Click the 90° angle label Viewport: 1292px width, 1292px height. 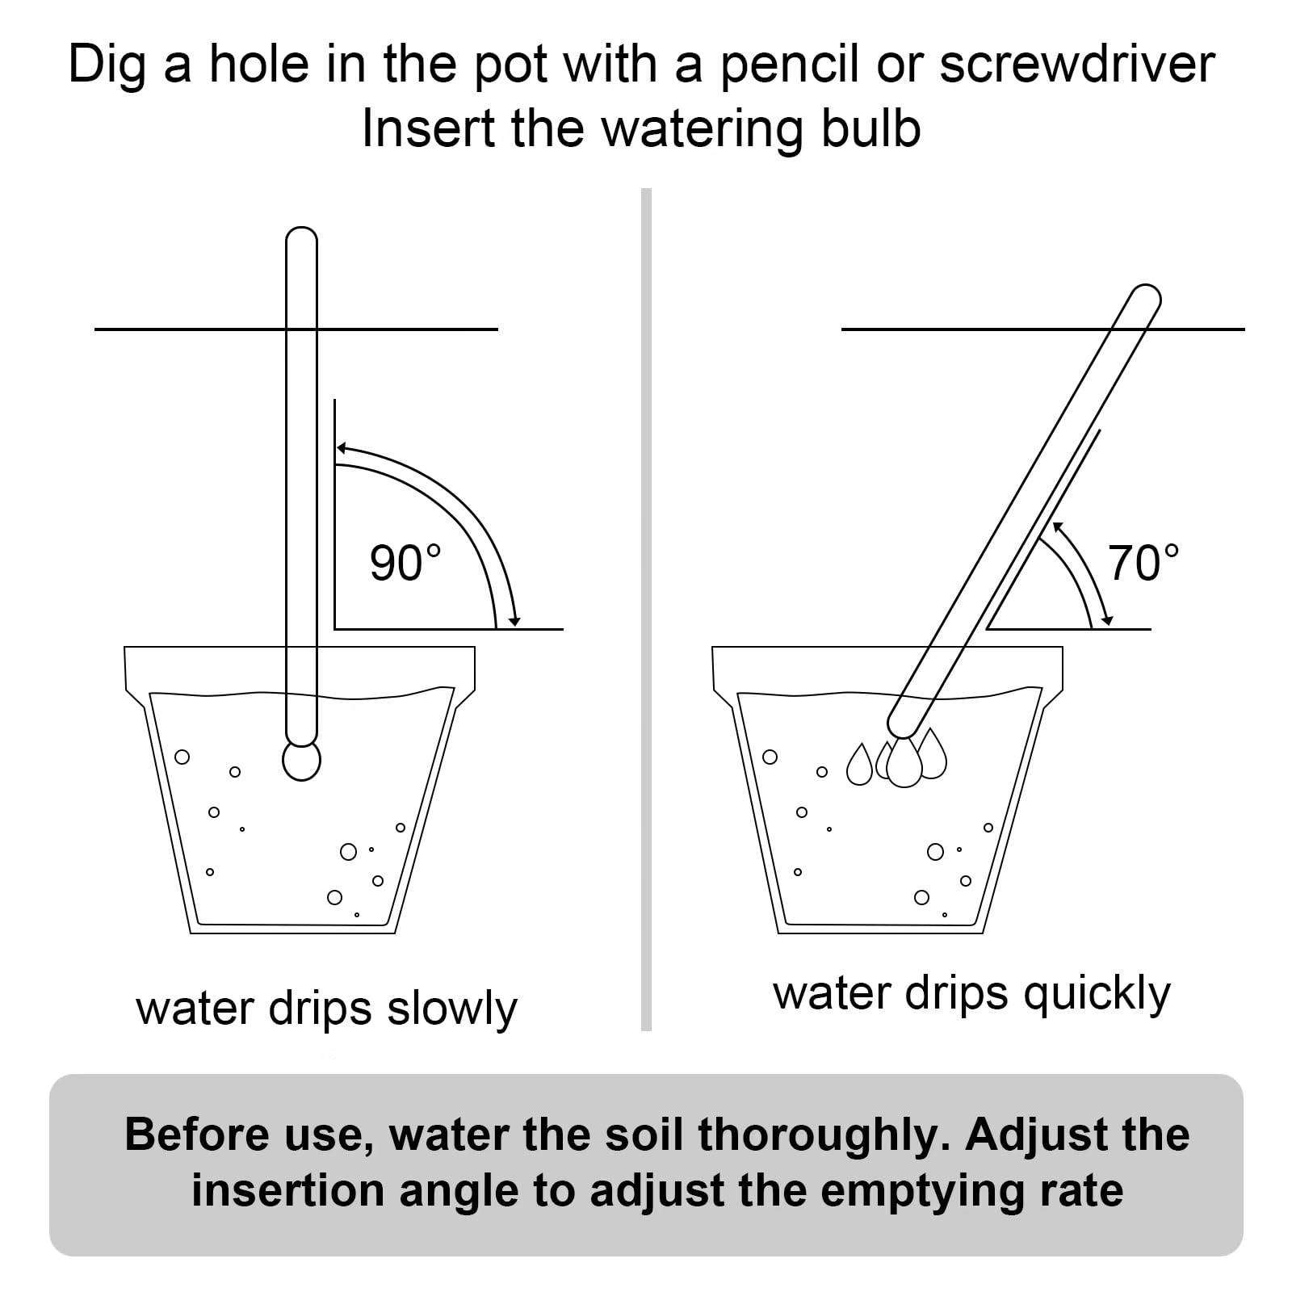pyautogui.click(x=405, y=563)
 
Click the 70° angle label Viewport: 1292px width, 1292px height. pyautogui.click(x=1143, y=563)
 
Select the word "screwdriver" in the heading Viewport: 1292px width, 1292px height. pyautogui.click(x=1077, y=64)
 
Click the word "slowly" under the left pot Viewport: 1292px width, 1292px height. pyautogui.click(x=452, y=1009)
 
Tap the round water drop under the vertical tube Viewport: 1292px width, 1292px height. pyautogui.click(x=301, y=760)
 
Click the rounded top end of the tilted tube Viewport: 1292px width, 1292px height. pyautogui.click(x=1147, y=297)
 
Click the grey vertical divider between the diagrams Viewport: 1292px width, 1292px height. pyautogui.click(x=646, y=610)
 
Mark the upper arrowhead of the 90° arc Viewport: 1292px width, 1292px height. pyautogui.click(x=342, y=448)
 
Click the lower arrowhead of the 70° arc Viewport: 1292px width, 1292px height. pyautogui.click(x=1107, y=620)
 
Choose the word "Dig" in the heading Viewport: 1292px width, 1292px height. pyautogui.click(x=107, y=65)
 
